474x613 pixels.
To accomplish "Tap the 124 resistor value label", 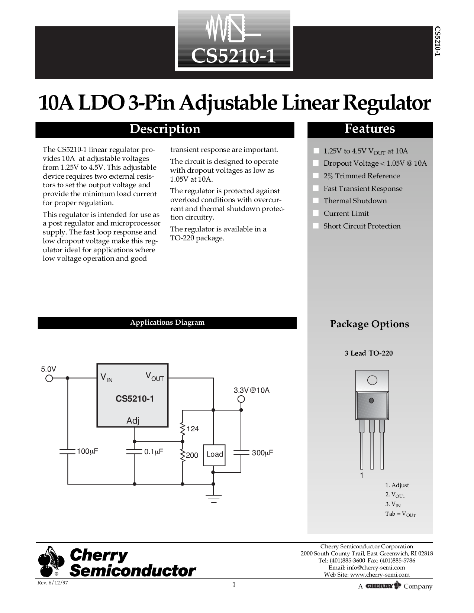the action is pos(193,429).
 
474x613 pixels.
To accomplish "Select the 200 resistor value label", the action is pos(192,455).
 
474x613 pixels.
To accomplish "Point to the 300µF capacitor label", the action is pos(262,453).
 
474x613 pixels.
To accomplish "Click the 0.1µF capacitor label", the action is pos(154,452).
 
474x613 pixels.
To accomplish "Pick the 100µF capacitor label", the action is pos(87,451).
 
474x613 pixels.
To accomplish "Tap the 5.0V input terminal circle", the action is pos(49,378).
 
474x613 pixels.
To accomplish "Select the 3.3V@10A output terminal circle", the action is pos(241,399).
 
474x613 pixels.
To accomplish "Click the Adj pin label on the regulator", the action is pos(133,421).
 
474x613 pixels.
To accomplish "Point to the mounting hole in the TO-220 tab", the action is pos(372,380).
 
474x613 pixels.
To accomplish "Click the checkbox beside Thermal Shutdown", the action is pos(316,201).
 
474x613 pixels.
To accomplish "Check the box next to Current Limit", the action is pos(316,213).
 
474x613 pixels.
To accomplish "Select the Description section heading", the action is pos(165,129).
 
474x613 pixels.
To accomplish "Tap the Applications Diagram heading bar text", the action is pos(167,322).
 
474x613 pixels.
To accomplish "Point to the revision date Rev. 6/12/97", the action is pos(53,583).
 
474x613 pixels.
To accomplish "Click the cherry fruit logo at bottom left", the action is pos(51,562).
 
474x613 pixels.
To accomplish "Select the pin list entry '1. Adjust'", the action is pos(397,485).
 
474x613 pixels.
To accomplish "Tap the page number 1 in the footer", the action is pos(234,585).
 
